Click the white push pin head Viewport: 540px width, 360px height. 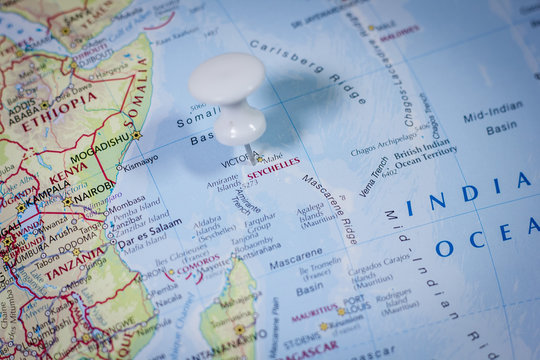coord(228,84)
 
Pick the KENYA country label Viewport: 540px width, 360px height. coord(68,171)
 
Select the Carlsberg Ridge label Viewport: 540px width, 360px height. coord(307,70)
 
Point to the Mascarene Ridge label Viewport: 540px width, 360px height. coord(329,209)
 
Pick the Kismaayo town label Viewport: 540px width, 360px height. coord(140,160)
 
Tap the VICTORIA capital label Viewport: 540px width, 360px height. coord(241,160)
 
